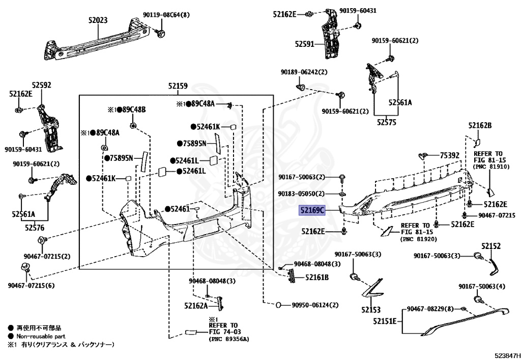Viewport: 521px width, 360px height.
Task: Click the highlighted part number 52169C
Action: tap(312, 210)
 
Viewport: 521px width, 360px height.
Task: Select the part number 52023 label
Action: tap(98, 20)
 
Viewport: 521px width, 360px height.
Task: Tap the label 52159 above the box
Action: tap(178, 86)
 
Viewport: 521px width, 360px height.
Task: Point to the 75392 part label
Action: tap(450, 155)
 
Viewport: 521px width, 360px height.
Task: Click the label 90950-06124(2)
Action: tap(315, 305)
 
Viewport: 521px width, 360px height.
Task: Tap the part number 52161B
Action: tap(317, 278)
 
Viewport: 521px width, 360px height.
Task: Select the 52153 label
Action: tap(371, 310)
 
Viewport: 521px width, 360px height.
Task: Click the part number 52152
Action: tap(491, 246)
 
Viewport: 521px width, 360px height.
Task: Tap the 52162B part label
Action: tap(480, 125)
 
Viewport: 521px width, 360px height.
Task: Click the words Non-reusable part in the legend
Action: tap(41, 337)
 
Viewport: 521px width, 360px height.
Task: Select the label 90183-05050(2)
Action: tap(301, 194)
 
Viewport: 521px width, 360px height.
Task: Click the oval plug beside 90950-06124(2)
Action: tap(279, 305)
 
